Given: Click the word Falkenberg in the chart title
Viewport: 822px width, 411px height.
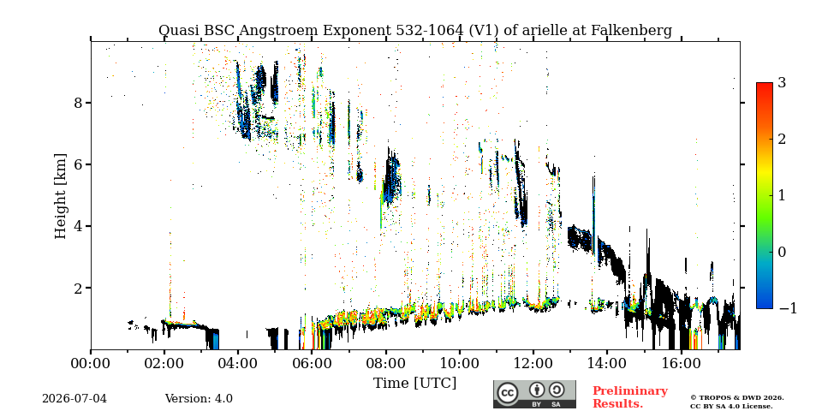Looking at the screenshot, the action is pos(631,31).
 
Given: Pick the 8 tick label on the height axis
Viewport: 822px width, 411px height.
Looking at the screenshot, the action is pos(78,102).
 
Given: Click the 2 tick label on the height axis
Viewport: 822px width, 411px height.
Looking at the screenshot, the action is pos(78,288).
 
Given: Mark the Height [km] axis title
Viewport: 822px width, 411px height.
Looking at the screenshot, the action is pos(61,196).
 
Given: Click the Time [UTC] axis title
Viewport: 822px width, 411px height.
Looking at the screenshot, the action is pos(414,383).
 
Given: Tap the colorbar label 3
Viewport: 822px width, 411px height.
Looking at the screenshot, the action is pos(782,82).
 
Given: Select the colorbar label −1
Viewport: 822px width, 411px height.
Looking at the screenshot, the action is pos(788,308).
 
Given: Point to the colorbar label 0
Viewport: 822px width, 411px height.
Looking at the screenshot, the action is pos(782,252).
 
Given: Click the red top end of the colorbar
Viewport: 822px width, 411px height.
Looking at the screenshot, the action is pos(765,85).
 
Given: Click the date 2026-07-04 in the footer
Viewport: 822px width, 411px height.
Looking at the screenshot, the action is pos(74,398).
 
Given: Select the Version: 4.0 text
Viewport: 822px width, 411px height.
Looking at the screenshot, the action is pos(199,398).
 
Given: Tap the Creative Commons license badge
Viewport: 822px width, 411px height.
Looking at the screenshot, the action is pos(534,394).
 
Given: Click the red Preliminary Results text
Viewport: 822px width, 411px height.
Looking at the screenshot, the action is pos(630,396).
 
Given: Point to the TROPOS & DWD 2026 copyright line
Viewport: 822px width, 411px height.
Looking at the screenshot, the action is pos(736,397).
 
